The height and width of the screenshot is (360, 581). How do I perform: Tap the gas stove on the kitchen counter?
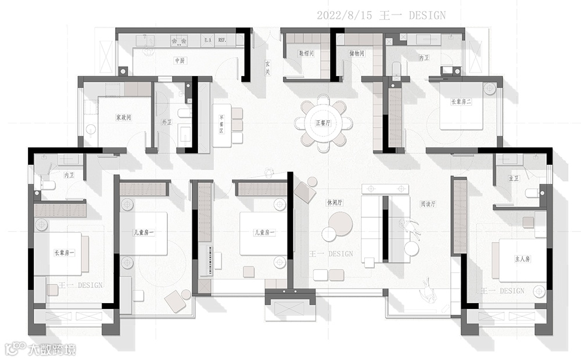178,41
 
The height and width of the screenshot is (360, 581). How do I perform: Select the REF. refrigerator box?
223,41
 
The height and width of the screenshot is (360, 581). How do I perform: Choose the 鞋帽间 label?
306,53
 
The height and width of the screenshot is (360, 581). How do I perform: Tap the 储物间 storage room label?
357,53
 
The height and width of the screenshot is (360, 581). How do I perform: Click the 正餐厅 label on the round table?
323,123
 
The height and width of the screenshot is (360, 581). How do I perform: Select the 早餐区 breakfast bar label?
221,124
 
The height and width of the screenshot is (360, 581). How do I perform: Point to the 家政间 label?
123,117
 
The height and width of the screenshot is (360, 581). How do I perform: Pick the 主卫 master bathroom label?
513,178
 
